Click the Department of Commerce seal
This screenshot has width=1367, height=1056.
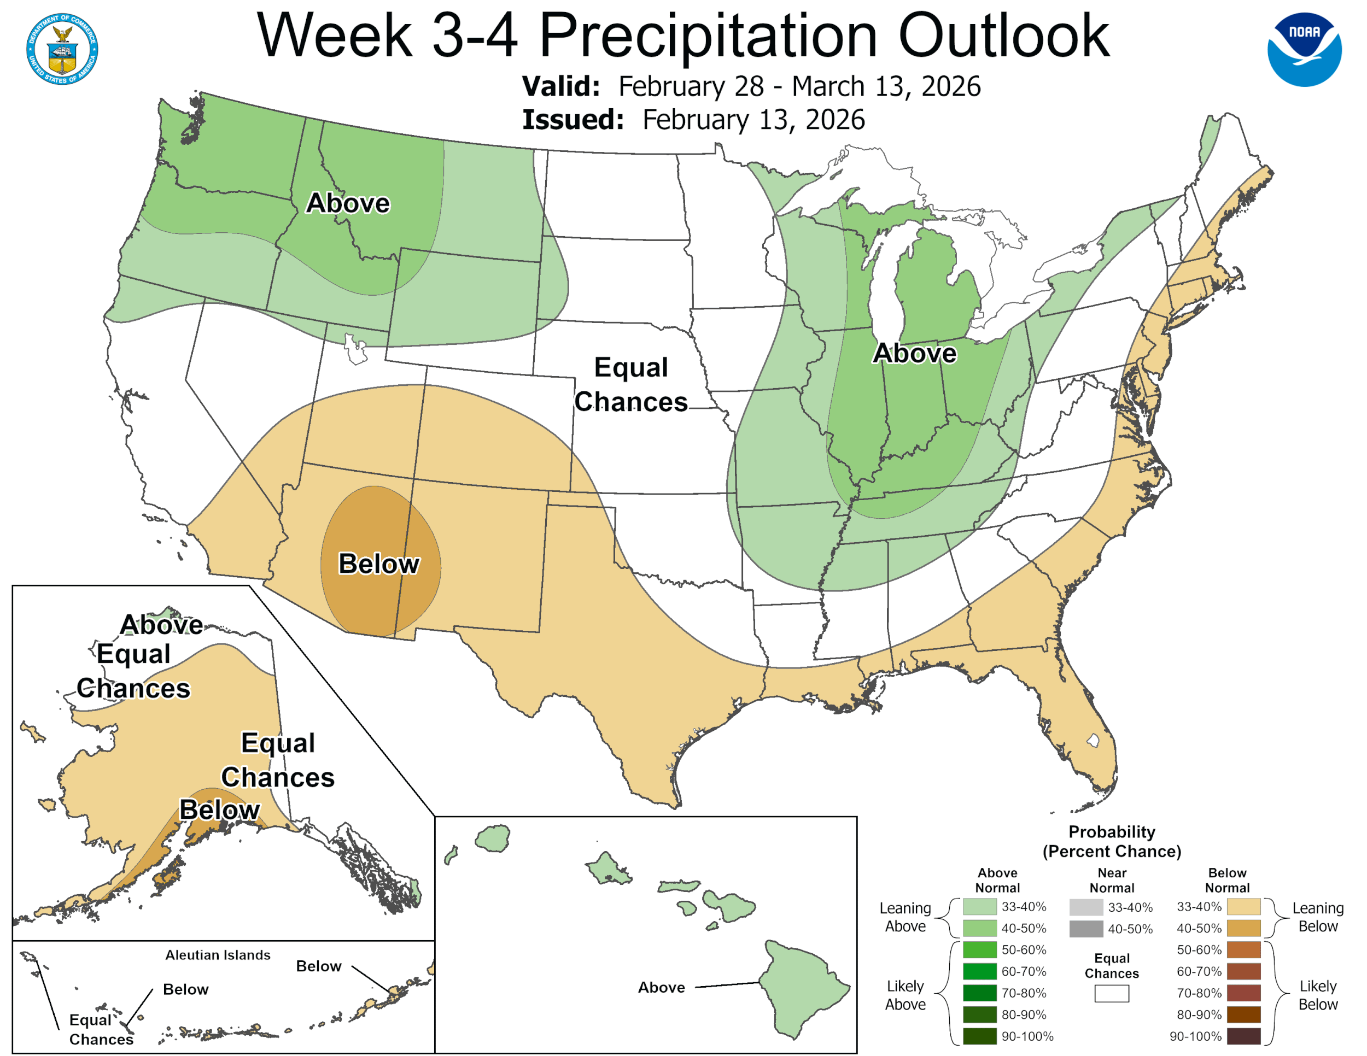pos(62,49)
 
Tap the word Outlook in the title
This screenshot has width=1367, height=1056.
pos(1003,36)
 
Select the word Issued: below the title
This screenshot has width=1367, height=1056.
pos(572,120)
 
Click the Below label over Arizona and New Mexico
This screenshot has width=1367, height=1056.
pos(379,564)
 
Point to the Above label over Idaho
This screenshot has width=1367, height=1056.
pos(347,203)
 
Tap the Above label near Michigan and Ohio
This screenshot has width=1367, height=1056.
pos(914,354)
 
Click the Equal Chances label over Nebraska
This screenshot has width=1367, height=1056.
pos(631,384)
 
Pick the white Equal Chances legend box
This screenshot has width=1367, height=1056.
pos(1112,994)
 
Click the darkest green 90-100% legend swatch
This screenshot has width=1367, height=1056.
pos(979,1036)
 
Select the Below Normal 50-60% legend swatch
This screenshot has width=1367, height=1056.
pos(1243,949)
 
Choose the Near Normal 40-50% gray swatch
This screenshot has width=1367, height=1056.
pos(1086,929)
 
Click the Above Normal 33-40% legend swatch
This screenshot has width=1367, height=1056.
pos(979,906)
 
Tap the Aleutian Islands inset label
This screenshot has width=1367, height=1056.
pos(218,955)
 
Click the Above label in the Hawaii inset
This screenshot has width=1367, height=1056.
pos(661,987)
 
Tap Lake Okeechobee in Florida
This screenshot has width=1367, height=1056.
pos(1093,740)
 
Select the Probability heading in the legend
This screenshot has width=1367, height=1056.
pos(1112,831)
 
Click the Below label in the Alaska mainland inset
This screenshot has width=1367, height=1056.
pos(219,809)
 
